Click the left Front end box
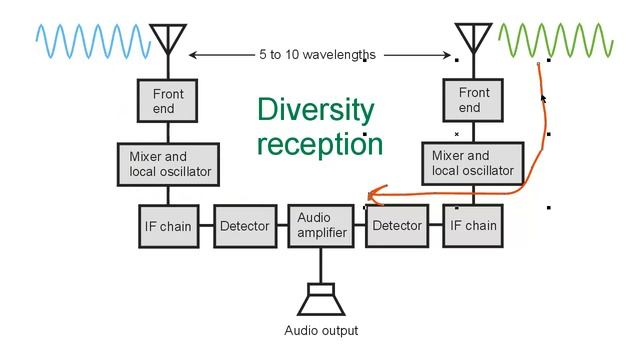tap(168, 101)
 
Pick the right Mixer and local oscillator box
tap(474, 164)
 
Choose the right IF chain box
tap(470, 226)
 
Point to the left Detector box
tap(244, 226)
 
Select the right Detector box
tap(397, 226)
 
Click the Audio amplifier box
tap(321, 225)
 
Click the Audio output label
tap(321, 331)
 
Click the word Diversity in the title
tap(315, 110)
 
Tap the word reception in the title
tap(320, 143)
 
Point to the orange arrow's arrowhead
tap(370, 194)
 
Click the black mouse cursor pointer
tap(544, 98)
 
